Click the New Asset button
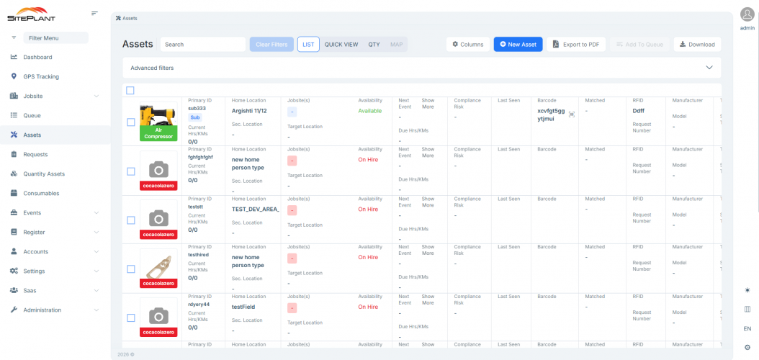(518, 45)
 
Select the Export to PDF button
(576, 45)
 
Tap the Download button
(697, 45)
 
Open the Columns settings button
(467, 45)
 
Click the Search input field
(203, 45)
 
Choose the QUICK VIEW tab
(341, 45)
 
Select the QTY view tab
(374, 45)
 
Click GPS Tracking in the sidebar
(41, 76)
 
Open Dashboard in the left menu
(37, 57)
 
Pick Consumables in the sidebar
(41, 193)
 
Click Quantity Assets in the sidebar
(44, 174)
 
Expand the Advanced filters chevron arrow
(709, 68)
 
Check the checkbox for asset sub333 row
(130, 122)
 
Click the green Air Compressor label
(158, 133)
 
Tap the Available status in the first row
(369, 111)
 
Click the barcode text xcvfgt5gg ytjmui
(551, 114)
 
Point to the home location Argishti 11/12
(249, 111)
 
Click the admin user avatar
(747, 14)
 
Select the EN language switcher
(747, 328)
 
